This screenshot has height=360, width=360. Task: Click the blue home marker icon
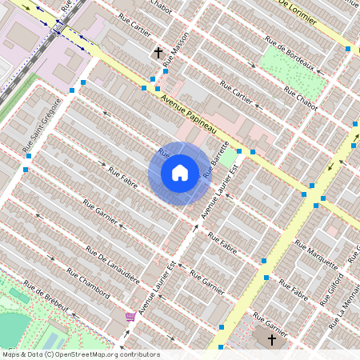pos(180,173)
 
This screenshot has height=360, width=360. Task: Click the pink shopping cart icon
pos(130,318)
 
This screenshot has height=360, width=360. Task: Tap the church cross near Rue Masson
pos(158,54)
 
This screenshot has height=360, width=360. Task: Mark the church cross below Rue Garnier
pos(271,341)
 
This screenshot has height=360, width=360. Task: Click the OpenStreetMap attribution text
pos(80,354)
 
